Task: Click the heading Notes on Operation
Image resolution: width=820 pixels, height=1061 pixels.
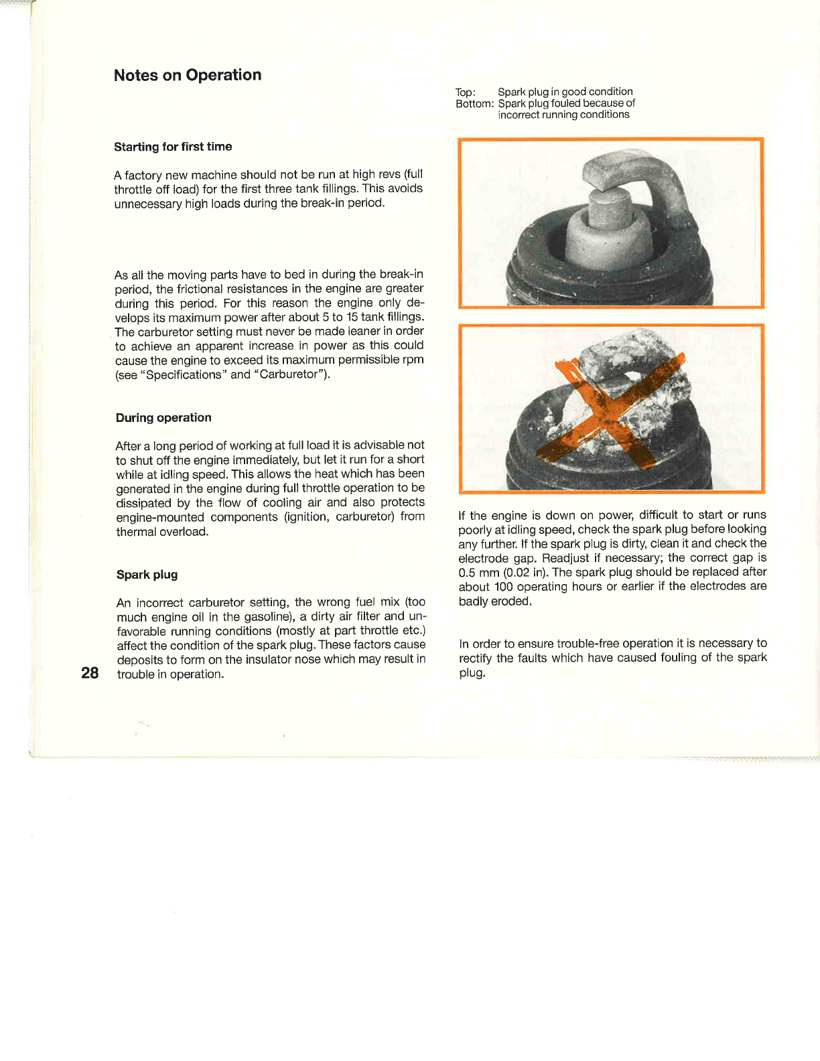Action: (188, 75)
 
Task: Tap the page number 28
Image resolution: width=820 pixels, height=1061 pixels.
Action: (90, 673)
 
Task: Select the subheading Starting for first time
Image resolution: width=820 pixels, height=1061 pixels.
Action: (173, 147)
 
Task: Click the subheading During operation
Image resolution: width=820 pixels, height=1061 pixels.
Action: (163, 417)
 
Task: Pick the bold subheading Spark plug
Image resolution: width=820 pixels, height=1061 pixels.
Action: (147, 574)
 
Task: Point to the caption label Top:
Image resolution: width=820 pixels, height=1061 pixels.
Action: (466, 92)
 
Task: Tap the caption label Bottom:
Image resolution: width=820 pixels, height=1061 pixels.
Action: (474, 104)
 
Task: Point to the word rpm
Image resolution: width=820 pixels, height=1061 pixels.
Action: (413, 360)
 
